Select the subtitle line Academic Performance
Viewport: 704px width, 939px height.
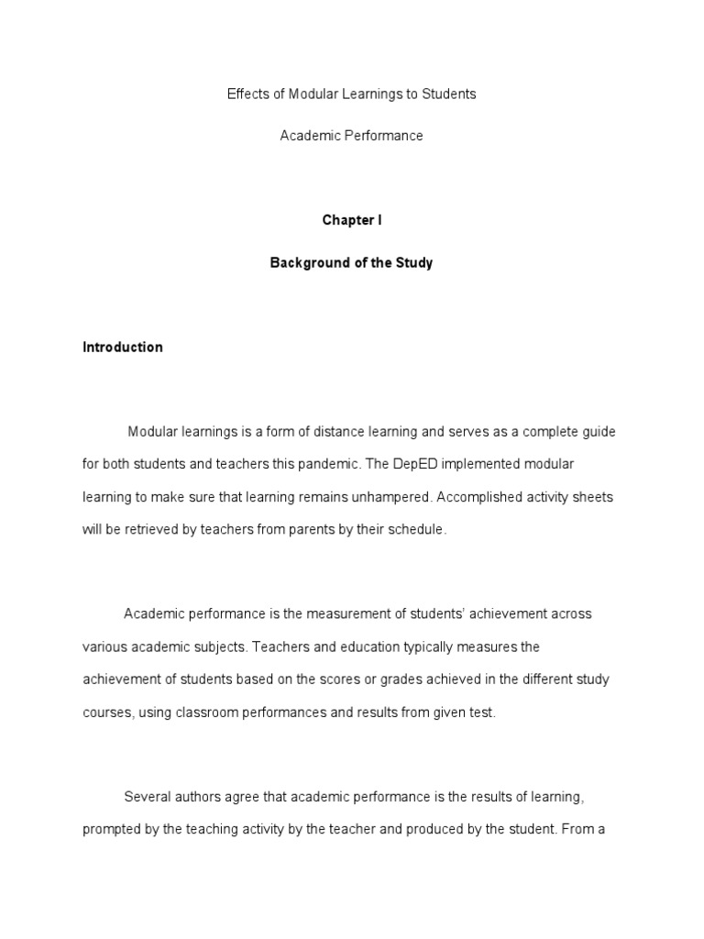coord(351,136)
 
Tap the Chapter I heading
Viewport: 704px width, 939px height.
coord(351,221)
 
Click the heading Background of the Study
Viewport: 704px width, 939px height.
coord(351,263)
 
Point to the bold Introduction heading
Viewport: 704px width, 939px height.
coord(123,348)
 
